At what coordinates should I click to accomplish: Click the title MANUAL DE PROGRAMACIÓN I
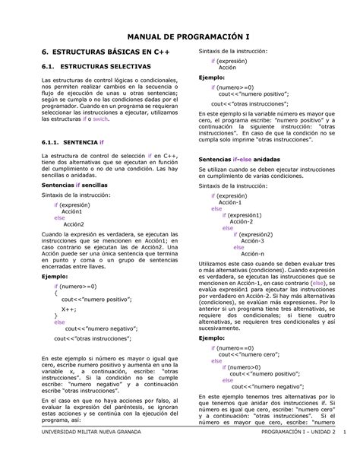coord(179,34)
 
